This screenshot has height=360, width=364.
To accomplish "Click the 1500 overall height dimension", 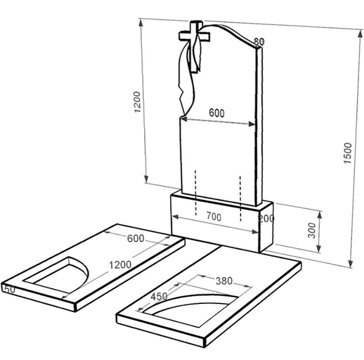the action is pyautogui.click(x=348, y=153).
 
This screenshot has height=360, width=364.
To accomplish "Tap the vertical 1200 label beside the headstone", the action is pyautogui.click(x=137, y=102).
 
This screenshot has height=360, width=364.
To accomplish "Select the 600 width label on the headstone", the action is pyautogui.click(x=217, y=113).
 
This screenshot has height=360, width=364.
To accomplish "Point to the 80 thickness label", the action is pyautogui.click(x=259, y=41).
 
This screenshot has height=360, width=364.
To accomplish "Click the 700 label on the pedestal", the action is pyautogui.click(x=214, y=217).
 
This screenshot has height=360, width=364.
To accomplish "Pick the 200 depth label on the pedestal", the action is pyautogui.click(x=266, y=218).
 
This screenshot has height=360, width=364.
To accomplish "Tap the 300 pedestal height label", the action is pyautogui.click(x=312, y=230).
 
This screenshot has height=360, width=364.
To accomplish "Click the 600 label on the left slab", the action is pyautogui.click(x=136, y=238).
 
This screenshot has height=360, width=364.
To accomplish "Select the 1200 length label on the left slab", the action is pyautogui.click(x=120, y=265).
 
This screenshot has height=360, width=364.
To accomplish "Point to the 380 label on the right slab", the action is pyautogui.click(x=224, y=281).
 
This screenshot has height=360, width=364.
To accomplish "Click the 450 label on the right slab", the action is pyautogui.click(x=159, y=296).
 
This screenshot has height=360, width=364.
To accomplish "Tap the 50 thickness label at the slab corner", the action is pyautogui.click(x=8, y=289).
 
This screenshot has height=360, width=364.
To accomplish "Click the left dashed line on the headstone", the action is pyautogui.click(x=196, y=192).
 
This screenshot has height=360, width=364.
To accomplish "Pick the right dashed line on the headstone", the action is pyautogui.click(x=240, y=199).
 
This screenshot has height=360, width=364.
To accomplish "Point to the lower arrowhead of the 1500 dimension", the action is pyautogui.click(x=351, y=264).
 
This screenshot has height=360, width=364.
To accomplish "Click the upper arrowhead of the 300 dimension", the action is pyautogui.click(x=320, y=215).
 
